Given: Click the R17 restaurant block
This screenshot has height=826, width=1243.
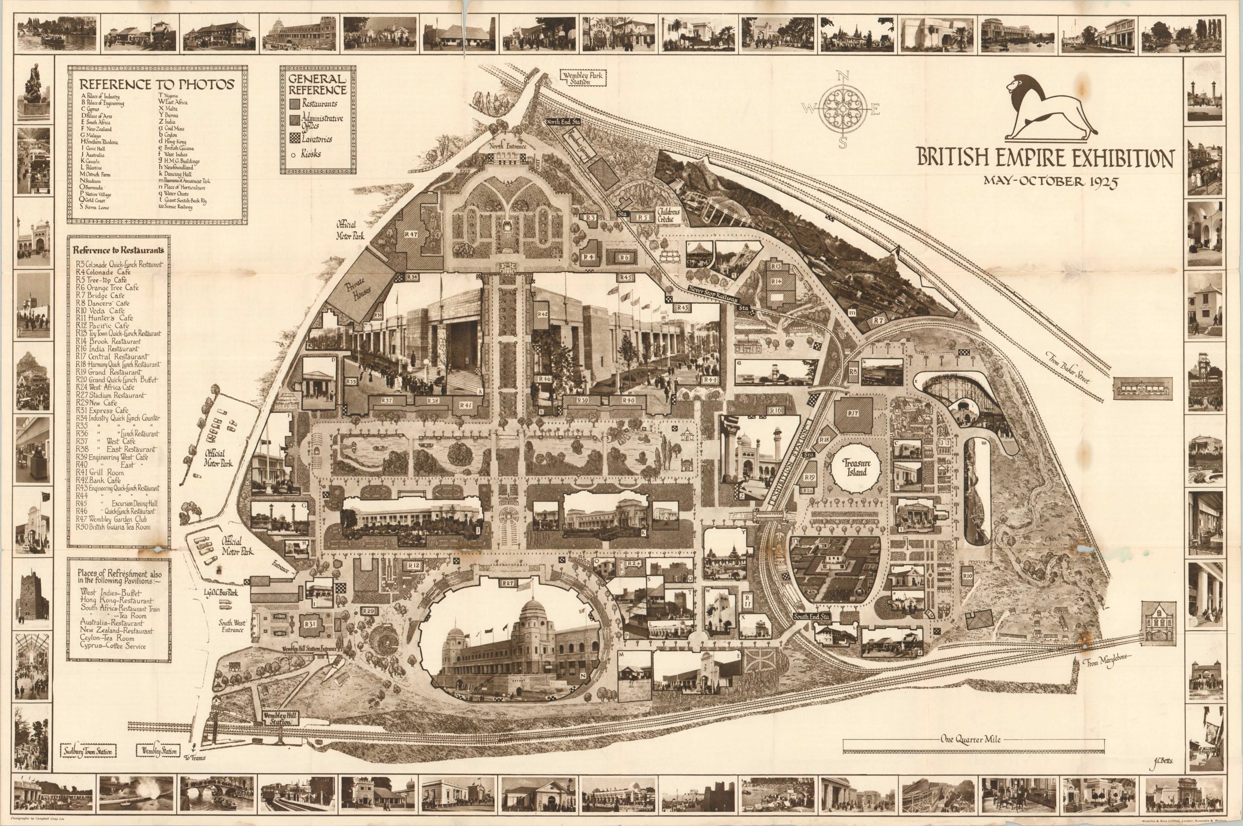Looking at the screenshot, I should tap(853, 413).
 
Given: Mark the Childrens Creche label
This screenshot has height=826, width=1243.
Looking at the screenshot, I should tap(669, 215).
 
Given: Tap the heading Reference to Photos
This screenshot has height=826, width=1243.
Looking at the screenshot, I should tap(157, 84).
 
